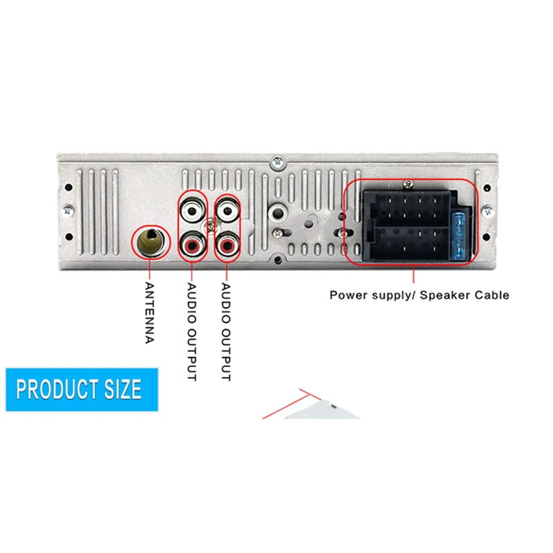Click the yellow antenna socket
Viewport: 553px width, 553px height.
coord(151,241)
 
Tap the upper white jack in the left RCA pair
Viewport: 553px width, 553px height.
coord(192,212)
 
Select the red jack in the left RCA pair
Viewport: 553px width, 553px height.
coord(193,245)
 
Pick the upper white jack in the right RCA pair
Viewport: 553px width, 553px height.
coord(227,212)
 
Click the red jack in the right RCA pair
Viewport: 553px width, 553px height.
coord(227,245)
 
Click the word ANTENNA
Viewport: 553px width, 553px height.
coord(150,312)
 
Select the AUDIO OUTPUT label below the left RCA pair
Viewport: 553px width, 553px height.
coord(191,332)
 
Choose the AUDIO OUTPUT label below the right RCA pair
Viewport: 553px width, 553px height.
coord(226,332)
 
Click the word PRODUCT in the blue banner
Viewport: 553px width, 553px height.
coord(57,389)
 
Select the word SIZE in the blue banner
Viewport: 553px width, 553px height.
coord(123,389)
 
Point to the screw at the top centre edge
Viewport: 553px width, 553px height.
coord(278,162)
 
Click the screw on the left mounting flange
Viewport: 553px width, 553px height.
coord(68,212)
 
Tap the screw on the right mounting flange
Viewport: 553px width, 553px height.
coord(488,212)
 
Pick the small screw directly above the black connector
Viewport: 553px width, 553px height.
coord(409,184)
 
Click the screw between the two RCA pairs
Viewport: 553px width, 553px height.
coord(210,226)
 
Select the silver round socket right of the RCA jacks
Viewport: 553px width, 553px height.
coord(278,213)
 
